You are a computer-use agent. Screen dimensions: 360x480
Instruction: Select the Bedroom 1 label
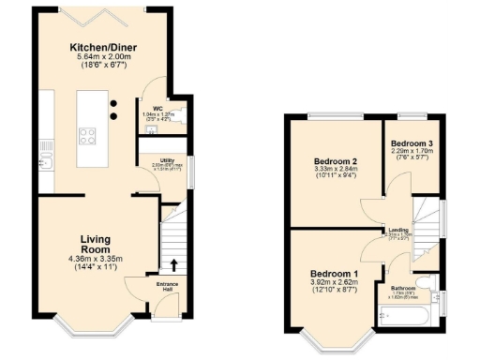(333, 274)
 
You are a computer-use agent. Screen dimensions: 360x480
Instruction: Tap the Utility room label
(169, 160)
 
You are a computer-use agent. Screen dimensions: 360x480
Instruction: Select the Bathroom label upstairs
(404, 288)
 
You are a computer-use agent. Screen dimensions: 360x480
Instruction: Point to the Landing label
(397, 230)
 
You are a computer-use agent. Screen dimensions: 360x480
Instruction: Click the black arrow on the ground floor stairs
(174, 262)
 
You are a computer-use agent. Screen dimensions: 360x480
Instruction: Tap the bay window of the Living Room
(90, 329)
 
